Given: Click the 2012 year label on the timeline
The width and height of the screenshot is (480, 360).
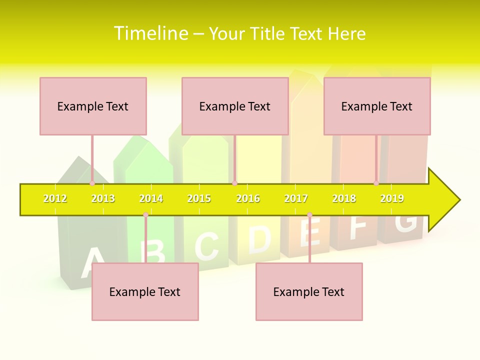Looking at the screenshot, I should tap(55, 199).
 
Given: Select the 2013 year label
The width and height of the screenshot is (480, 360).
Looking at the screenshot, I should tap(103, 199).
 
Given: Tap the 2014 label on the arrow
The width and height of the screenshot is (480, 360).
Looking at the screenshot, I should tap(151, 199).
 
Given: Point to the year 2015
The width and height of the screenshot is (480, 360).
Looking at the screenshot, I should tap(199, 199).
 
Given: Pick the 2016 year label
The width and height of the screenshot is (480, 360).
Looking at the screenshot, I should tap(248, 199).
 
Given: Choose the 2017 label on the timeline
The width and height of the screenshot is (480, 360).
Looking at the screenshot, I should tap(296, 199).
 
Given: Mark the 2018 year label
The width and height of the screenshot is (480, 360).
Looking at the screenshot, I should tap(344, 199).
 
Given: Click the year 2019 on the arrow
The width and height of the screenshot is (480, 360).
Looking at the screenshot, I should tap(392, 199).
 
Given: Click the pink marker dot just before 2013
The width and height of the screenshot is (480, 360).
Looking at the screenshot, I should tap(92, 183).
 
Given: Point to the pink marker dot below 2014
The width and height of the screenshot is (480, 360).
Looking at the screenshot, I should tap(145, 215).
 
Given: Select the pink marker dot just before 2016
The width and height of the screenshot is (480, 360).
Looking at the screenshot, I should tap(234, 183).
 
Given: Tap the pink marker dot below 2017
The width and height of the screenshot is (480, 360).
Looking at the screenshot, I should tap(309, 215).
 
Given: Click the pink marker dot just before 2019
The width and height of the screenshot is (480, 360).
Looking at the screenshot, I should tap(376, 183).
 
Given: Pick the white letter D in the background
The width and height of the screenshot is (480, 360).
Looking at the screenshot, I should tap(259, 239).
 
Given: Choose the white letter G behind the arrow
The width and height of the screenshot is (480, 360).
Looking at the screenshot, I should tap(405, 222).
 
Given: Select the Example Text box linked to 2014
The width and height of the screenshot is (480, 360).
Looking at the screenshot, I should tap(145, 291).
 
